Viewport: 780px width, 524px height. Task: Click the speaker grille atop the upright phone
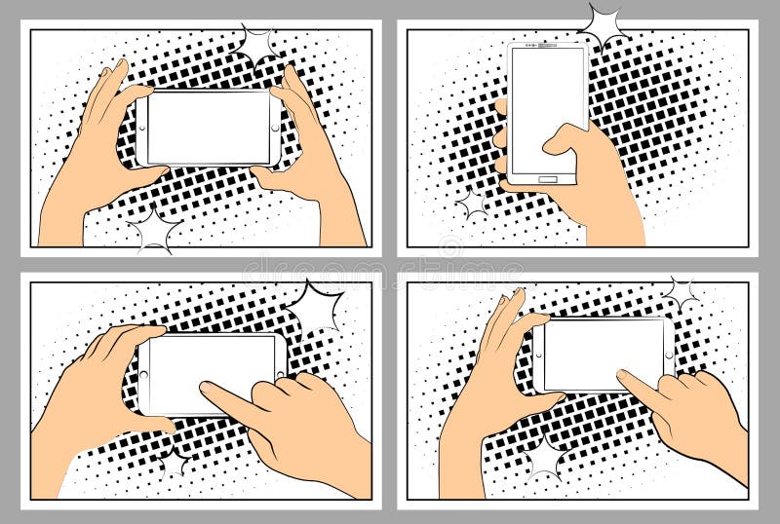548,47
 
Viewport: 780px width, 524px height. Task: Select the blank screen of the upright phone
547,107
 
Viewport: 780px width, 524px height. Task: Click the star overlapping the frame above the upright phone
603,24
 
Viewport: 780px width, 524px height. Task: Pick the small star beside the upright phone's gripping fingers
473,204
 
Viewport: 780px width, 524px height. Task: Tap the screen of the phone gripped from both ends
208,128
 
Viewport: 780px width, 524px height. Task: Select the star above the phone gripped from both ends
257,44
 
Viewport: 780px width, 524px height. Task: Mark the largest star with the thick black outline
315,305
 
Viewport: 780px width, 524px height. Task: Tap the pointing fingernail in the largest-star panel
208,389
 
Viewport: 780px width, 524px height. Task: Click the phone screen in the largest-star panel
215,373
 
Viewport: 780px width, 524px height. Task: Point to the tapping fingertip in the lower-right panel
624,376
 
